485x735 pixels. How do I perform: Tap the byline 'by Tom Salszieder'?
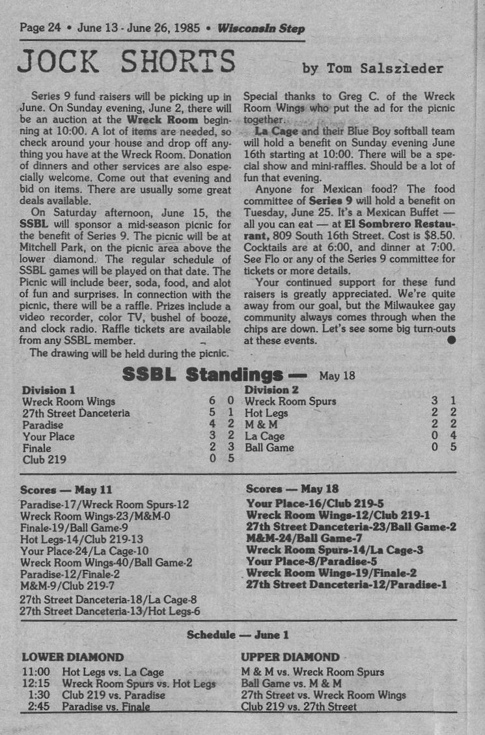tap(373, 68)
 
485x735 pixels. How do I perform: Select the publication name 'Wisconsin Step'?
tap(260, 29)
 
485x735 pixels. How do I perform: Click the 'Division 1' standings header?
tap(49, 390)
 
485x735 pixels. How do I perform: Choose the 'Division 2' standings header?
tap(271, 390)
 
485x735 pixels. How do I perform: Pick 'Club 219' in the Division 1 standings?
tap(44, 460)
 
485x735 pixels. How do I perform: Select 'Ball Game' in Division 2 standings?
tap(269, 448)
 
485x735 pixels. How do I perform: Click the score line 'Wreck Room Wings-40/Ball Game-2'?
tap(106, 563)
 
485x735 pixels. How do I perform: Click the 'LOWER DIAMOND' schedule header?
tap(73, 657)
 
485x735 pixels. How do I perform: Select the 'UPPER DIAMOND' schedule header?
tap(290, 657)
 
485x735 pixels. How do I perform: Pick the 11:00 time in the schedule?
tap(36, 672)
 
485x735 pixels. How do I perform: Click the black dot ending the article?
tap(451, 340)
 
